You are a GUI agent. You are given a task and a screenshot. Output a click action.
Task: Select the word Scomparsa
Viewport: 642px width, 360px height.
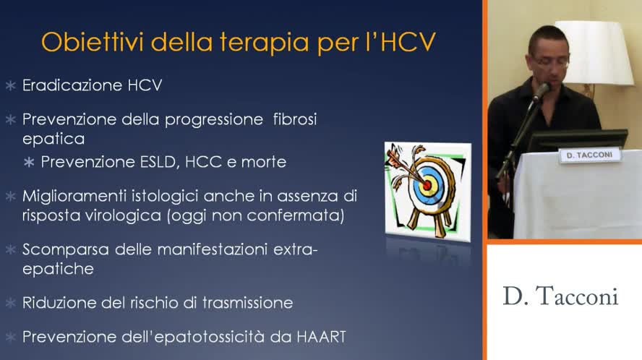click(65, 250)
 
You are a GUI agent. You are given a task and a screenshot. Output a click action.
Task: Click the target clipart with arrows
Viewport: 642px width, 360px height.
click(427, 188)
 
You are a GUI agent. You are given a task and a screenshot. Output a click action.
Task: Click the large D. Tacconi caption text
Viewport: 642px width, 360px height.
click(560, 297)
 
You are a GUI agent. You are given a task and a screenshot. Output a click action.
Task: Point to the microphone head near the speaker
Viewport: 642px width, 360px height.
click(540, 92)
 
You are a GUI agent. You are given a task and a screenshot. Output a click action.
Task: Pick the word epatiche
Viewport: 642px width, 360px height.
click(58, 269)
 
